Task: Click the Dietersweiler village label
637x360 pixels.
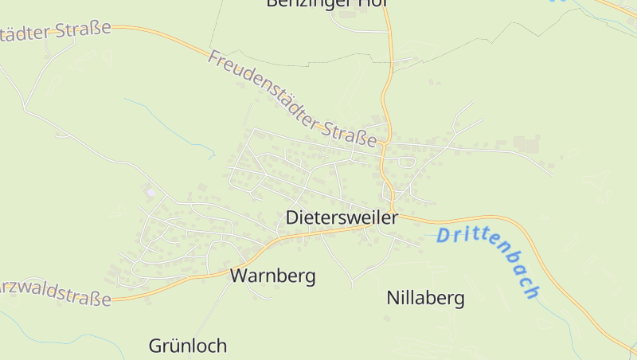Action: coord(342,217)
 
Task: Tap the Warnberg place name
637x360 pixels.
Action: coord(272,276)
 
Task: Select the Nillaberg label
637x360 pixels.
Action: coord(425,299)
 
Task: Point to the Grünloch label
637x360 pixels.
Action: coord(188,346)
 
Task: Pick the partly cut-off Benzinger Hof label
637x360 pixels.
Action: coord(326,4)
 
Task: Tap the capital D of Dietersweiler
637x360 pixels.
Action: coord(292,217)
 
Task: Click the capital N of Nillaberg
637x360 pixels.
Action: coord(393,299)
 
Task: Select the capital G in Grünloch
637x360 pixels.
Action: coord(155,346)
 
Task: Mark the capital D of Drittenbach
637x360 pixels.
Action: coord(443,234)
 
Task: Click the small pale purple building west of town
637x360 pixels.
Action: coord(150,192)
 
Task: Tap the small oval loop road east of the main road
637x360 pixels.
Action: coord(407,162)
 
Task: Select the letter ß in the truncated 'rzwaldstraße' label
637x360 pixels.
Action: coord(95,299)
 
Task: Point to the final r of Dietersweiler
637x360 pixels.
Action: coord(394,217)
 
